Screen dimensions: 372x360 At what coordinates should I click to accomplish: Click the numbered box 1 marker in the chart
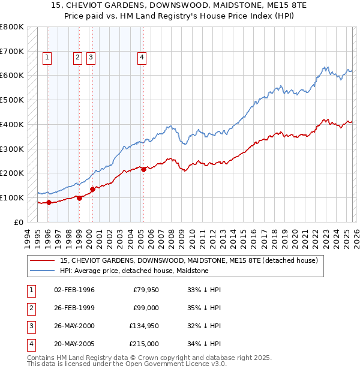[x=47, y=58]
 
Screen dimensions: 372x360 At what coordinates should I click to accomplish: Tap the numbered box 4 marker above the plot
[x=142, y=58]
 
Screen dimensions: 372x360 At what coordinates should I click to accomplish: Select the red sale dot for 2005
[x=144, y=169]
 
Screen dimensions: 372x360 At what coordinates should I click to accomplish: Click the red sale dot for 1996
[x=49, y=202]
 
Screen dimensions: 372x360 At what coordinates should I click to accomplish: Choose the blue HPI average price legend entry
[x=134, y=271]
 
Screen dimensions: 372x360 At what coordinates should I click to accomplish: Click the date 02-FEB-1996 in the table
[x=74, y=290]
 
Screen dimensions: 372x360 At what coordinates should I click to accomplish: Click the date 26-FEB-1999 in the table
[x=74, y=308]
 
